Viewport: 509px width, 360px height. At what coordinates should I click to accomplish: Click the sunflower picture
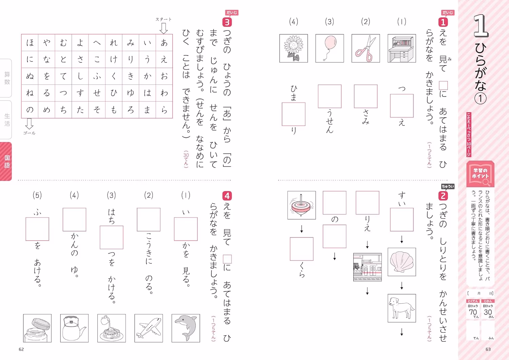tap(294, 48)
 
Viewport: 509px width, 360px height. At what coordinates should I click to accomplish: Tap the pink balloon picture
tap(330, 48)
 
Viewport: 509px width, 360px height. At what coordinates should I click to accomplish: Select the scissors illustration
tap(365, 48)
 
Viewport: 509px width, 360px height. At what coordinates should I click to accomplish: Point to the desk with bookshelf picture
tap(402, 48)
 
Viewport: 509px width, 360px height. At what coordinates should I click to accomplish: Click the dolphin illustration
tap(186, 328)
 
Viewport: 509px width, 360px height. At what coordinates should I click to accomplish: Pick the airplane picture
tap(149, 328)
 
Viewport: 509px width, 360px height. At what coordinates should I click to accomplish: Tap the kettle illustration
tap(74, 328)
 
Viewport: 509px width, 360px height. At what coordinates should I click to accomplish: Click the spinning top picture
tap(302, 205)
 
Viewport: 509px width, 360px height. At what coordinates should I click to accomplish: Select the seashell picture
tap(402, 262)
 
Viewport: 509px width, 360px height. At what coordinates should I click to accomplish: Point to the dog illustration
tap(402, 308)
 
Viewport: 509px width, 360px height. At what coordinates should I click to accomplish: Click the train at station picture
tap(367, 267)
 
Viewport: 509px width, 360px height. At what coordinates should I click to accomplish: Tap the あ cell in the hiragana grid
tap(164, 43)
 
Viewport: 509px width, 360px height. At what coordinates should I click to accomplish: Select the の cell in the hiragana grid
tap(30, 110)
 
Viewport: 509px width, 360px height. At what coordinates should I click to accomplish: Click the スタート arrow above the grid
tap(164, 29)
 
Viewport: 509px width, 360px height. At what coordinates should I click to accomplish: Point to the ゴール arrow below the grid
tap(29, 124)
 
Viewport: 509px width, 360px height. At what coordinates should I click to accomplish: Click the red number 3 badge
tap(227, 22)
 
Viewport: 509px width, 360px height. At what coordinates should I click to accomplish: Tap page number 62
tap(21, 349)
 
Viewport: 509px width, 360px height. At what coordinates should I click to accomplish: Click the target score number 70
tap(473, 312)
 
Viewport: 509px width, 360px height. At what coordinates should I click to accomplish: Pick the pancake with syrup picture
tap(112, 328)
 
